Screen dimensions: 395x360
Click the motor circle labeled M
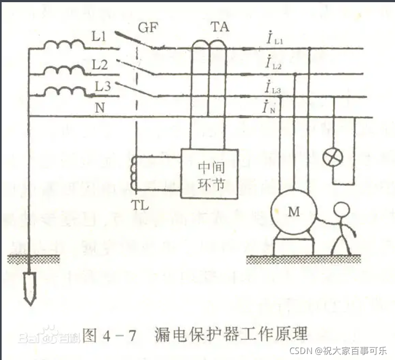(294, 212)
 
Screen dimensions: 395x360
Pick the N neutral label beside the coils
(99, 107)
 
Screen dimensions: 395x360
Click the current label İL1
(271, 40)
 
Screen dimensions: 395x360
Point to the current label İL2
(272, 65)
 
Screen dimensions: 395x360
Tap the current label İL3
(273, 87)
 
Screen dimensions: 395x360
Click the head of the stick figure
(341, 210)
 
